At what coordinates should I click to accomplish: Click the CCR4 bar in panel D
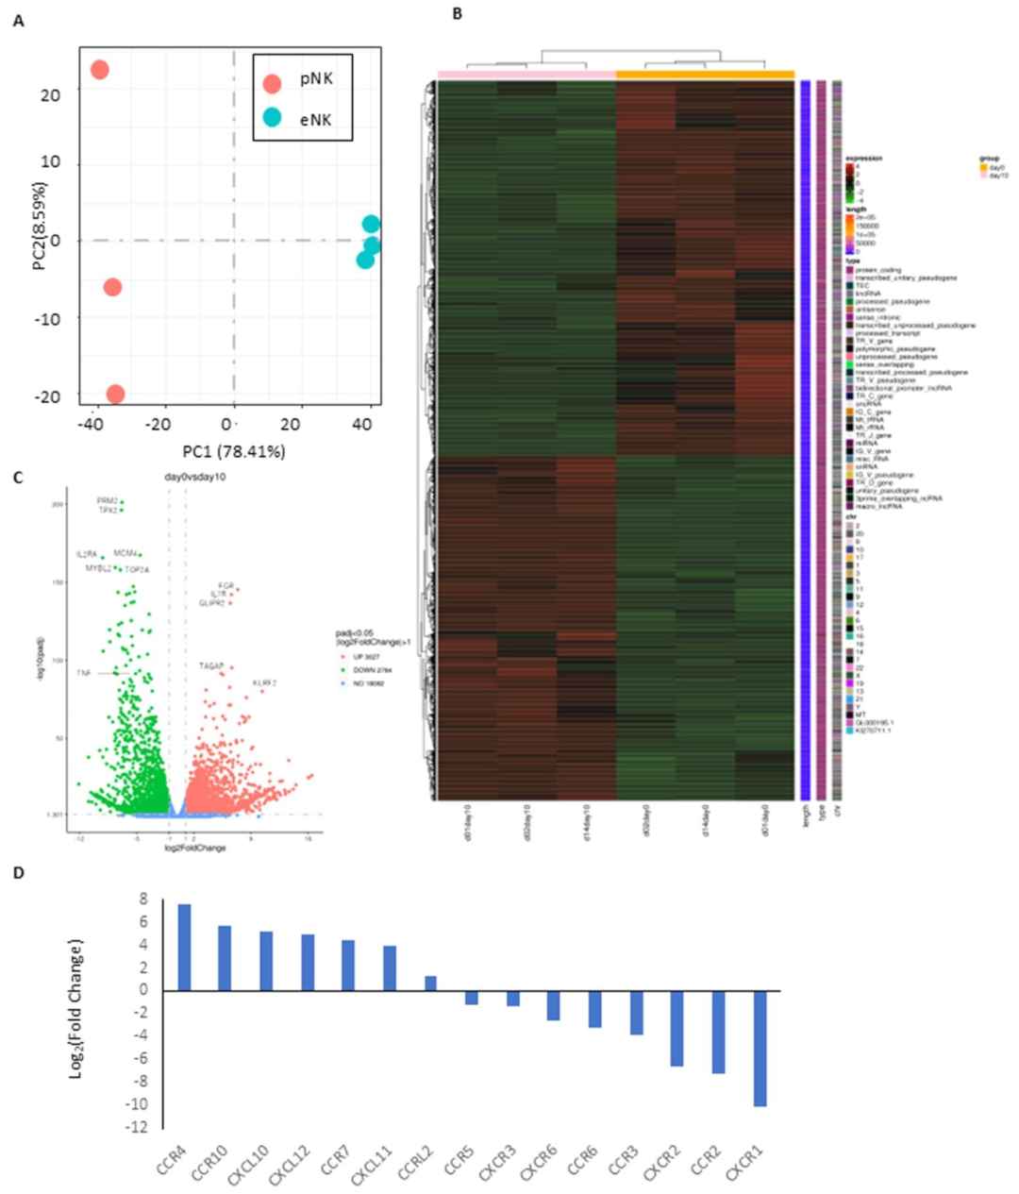click(x=185, y=948)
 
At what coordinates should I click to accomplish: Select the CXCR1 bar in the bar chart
click(x=760, y=1048)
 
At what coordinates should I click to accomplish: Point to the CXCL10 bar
click(x=266, y=961)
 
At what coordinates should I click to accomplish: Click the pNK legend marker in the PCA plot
click(x=272, y=83)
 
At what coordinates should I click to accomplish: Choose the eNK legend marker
click(x=272, y=118)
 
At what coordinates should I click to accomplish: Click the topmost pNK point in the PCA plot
click(x=99, y=69)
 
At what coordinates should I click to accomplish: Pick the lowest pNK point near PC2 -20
click(x=115, y=394)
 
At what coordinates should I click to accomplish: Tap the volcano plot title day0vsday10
click(x=195, y=478)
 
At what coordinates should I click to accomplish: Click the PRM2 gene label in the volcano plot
click(x=107, y=501)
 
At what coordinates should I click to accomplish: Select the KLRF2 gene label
click(x=264, y=682)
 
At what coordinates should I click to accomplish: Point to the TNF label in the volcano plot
click(x=84, y=673)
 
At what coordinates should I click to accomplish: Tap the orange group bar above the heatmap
click(x=705, y=75)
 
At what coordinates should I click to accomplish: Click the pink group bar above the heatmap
click(x=526, y=75)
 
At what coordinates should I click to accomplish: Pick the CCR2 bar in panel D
click(x=719, y=1032)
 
